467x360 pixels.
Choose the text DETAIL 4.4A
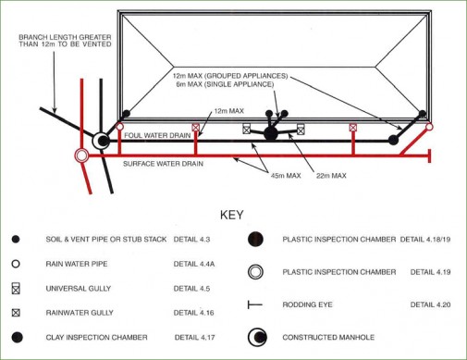coord(196,263)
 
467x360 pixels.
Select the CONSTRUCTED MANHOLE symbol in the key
coord(256,337)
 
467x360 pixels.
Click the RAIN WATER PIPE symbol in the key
coord(14,263)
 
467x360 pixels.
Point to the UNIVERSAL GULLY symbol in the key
coord(14,288)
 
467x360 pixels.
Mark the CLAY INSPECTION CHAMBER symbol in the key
coord(14,337)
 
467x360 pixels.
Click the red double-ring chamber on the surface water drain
coord(81,155)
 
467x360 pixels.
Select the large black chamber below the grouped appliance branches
coord(270,134)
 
